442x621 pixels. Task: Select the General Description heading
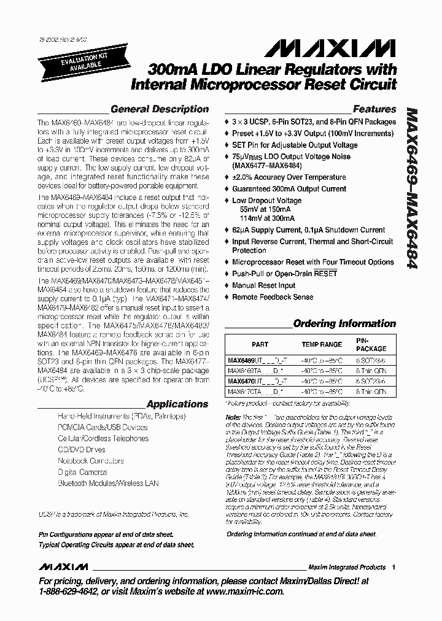(159, 109)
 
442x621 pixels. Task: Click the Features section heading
(374, 109)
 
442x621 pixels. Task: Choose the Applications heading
(177, 404)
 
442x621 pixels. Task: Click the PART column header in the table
(260, 344)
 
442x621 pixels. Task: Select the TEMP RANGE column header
(321, 344)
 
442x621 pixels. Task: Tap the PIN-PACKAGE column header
(370, 344)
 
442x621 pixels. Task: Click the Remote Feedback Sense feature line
(272, 297)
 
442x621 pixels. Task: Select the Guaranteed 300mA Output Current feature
(289, 189)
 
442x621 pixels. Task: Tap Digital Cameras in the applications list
(82, 472)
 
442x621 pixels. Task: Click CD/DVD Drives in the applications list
(81, 449)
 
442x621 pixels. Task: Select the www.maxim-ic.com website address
(245, 592)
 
